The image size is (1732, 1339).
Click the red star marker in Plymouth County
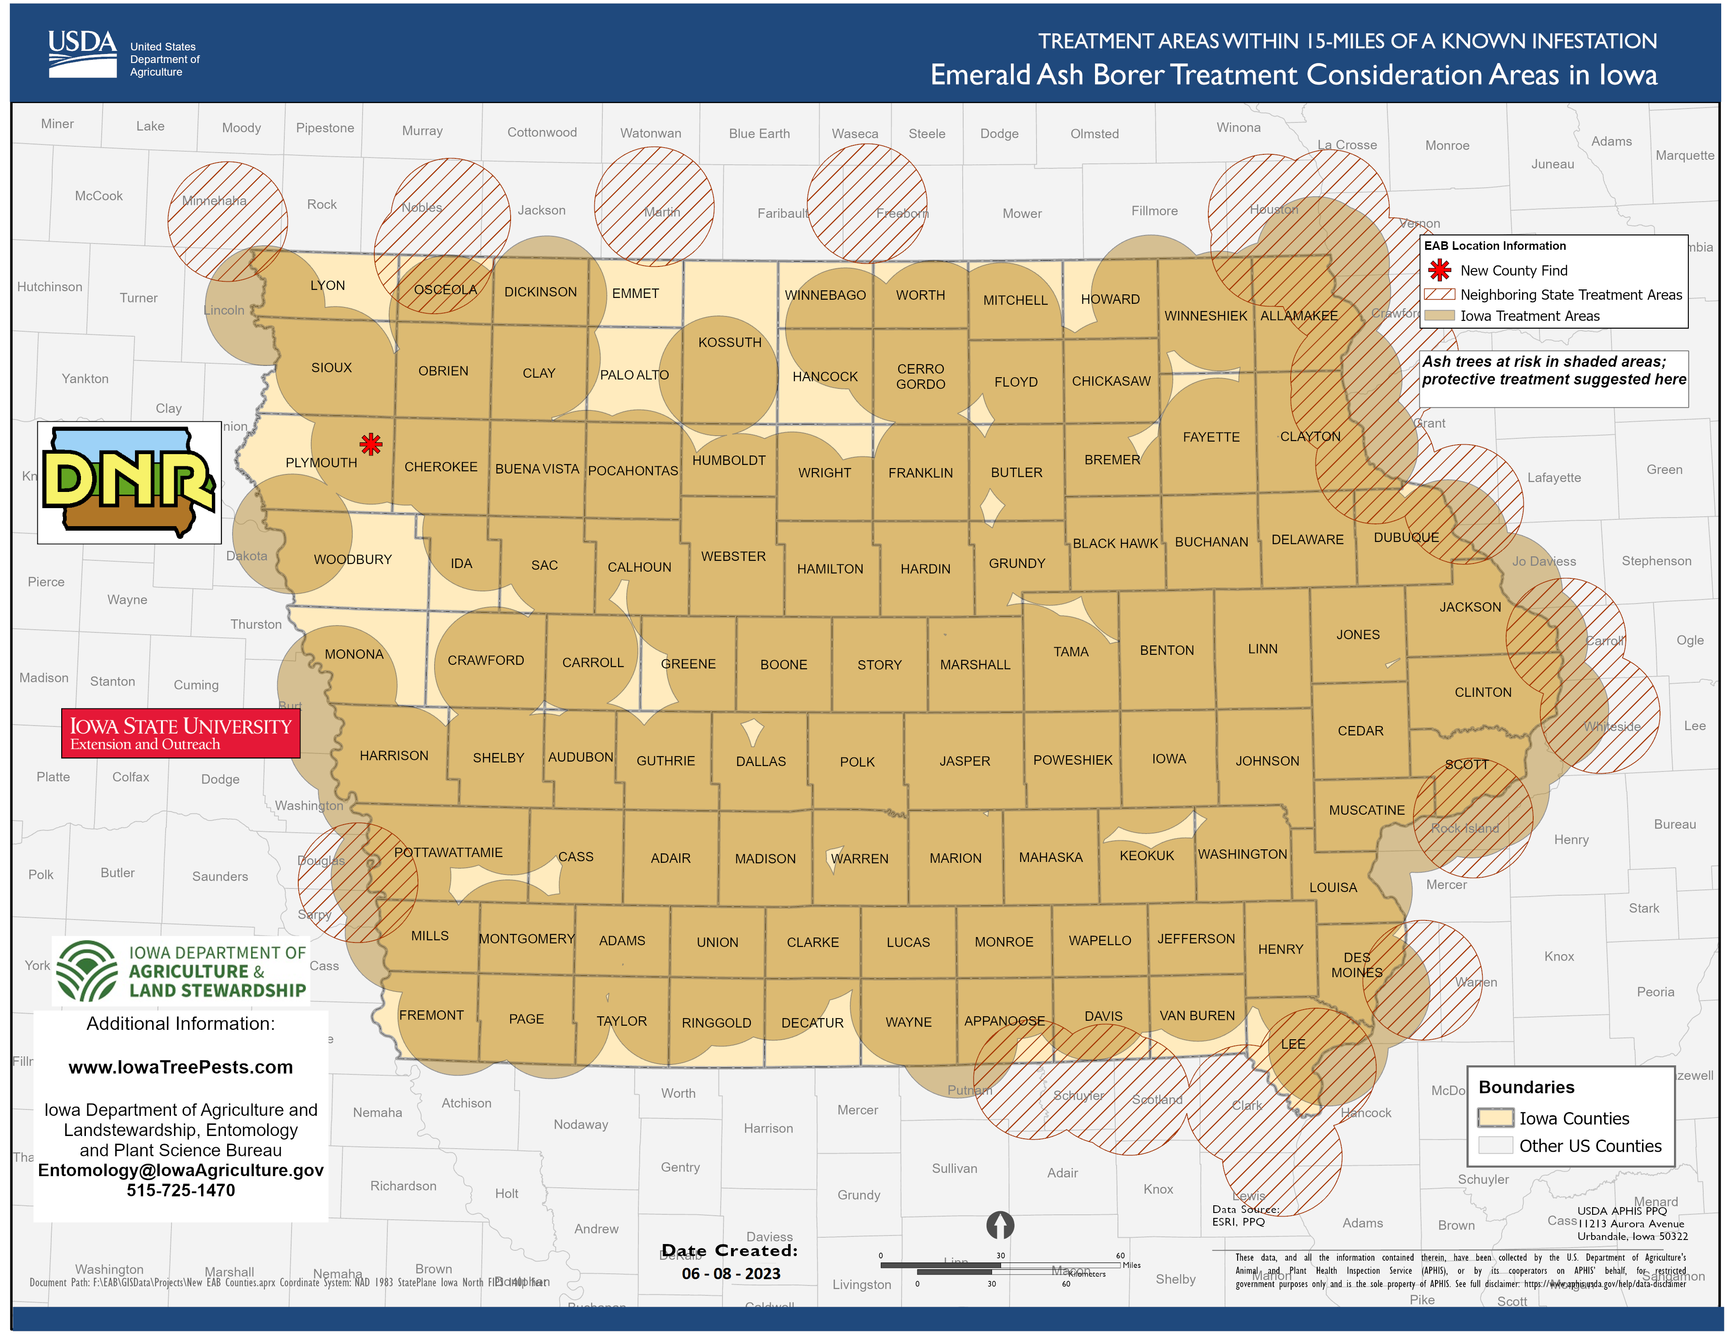tap(370, 444)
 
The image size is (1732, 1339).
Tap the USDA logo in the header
tap(82, 54)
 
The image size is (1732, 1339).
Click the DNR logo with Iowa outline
tap(129, 482)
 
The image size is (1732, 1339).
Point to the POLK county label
tap(857, 762)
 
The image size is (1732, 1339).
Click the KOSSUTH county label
tap(730, 343)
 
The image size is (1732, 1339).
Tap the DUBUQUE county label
tap(1406, 537)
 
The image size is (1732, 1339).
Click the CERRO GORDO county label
tap(921, 376)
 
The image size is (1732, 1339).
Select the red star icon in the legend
tap(1440, 271)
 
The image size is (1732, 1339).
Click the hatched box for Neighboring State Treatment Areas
tap(1440, 294)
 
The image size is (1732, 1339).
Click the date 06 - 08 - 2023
tap(731, 1273)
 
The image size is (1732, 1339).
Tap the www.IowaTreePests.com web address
tap(181, 1067)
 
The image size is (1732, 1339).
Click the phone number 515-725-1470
tap(181, 1190)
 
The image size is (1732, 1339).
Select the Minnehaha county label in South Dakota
tap(214, 201)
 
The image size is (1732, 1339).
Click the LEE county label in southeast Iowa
tap(1292, 1044)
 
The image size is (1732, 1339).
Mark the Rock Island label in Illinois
tap(1465, 828)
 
